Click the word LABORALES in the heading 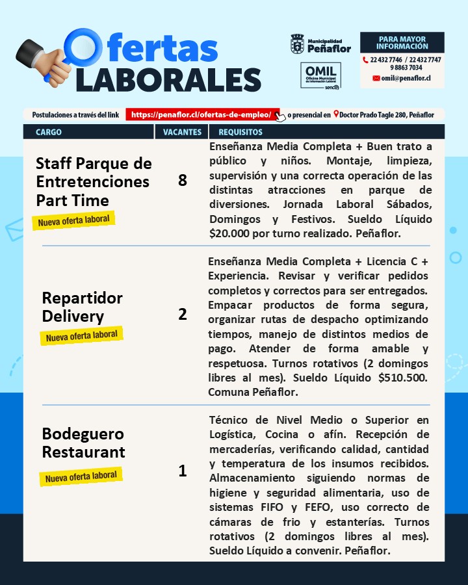(x=168, y=80)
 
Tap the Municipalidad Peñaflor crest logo (x=297, y=44)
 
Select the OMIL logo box (x=320, y=75)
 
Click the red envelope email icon (x=376, y=77)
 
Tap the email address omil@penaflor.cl (x=406, y=77)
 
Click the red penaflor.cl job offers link (x=201, y=114)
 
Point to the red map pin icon (x=335, y=114)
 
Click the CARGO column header (x=49, y=132)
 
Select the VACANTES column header (x=182, y=132)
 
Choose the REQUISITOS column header (x=240, y=132)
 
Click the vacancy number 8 (x=182, y=180)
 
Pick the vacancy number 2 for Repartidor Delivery (x=182, y=314)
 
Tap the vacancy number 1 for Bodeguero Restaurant (x=182, y=471)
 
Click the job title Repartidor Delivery (x=82, y=307)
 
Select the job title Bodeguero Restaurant (x=83, y=443)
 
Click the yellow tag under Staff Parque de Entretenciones (x=73, y=220)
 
